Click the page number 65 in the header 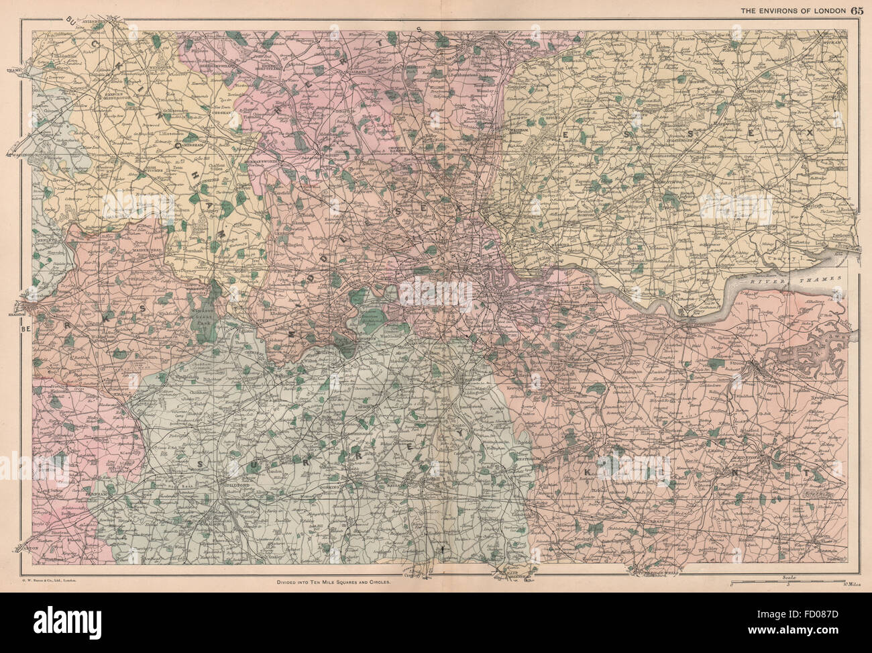(x=857, y=9)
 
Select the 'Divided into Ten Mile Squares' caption (x=333, y=582)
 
